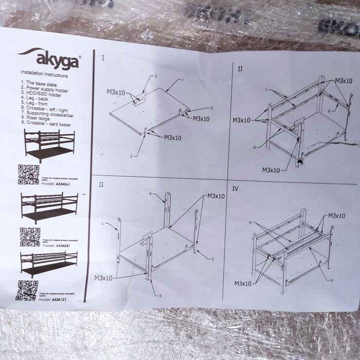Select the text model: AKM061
pos(54,184)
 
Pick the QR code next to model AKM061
pos(28,174)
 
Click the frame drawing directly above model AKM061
pos(49,146)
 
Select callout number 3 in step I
pos(155,76)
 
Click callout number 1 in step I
pos(182,80)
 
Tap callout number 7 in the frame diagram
pos(265,89)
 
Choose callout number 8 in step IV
pos(250,223)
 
